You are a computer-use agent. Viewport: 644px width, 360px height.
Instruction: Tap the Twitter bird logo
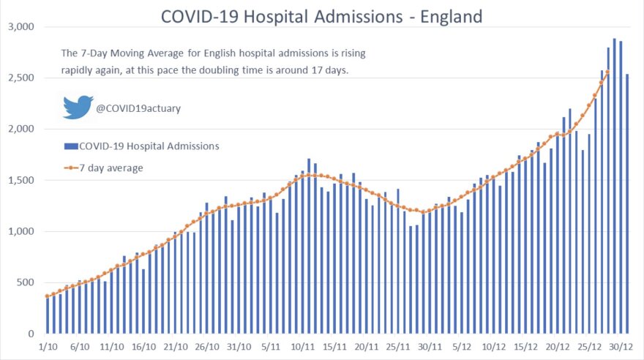point(78,107)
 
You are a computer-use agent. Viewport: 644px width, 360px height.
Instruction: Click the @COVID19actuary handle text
point(138,109)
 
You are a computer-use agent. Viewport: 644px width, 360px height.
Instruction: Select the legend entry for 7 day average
point(113,168)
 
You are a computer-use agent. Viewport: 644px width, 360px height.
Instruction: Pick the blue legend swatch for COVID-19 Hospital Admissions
point(70,146)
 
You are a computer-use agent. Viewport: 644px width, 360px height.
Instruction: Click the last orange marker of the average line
point(608,72)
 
